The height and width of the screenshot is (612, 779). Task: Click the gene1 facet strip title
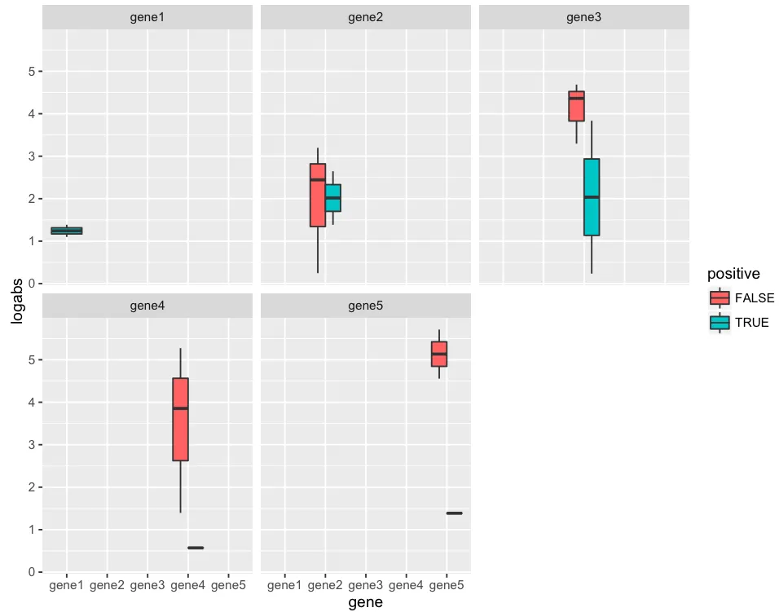(x=147, y=17)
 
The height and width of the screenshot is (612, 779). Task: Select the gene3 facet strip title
(x=583, y=17)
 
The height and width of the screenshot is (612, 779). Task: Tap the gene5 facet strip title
(x=365, y=306)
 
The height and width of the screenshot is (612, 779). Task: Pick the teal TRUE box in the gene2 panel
(x=332, y=198)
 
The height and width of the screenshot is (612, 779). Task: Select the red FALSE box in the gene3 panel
(x=576, y=106)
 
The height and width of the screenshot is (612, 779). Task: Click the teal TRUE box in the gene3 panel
(x=592, y=197)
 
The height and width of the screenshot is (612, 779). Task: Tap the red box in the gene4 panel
(x=180, y=419)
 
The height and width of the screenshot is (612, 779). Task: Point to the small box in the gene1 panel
(x=66, y=231)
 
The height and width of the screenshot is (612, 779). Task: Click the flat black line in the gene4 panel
(x=196, y=548)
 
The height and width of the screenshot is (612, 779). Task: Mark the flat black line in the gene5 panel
(x=454, y=513)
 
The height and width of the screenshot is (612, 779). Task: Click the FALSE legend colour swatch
(x=720, y=297)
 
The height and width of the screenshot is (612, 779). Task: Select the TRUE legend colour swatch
(x=720, y=323)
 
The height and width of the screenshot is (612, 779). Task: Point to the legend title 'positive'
(x=733, y=273)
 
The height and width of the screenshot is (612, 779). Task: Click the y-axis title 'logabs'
(x=16, y=302)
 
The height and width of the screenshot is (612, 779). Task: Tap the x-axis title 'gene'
(x=365, y=603)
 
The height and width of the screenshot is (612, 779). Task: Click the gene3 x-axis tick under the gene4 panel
(x=147, y=585)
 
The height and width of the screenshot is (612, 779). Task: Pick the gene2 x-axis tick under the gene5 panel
(x=325, y=585)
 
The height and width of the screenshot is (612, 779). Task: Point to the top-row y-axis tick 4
(x=30, y=113)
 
